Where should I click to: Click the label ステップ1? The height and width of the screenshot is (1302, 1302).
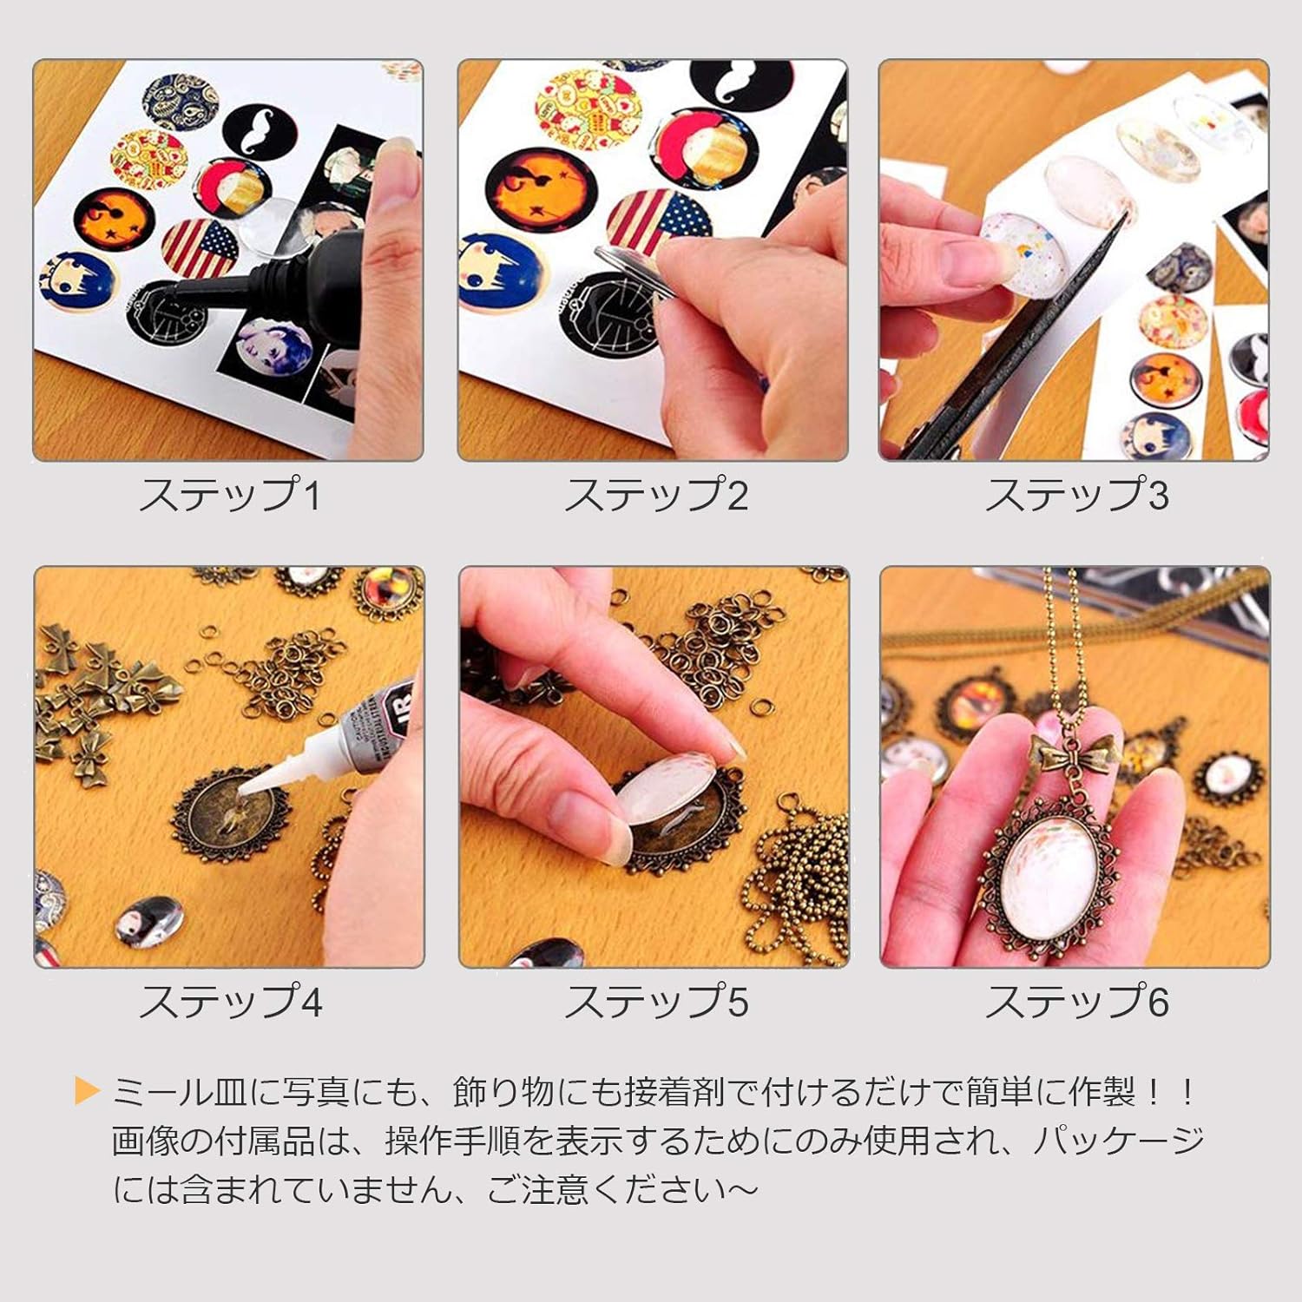230,495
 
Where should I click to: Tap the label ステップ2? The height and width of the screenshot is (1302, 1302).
656,495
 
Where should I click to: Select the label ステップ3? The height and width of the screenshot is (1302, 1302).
1076,495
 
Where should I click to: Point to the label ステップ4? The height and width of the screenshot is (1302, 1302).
230,1002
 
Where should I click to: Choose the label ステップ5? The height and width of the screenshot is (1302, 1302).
656,1002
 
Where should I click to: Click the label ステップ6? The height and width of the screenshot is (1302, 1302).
1076,1002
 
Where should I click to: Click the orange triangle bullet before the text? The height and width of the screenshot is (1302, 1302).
87,1091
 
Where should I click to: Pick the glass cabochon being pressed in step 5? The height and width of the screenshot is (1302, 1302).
668,793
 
